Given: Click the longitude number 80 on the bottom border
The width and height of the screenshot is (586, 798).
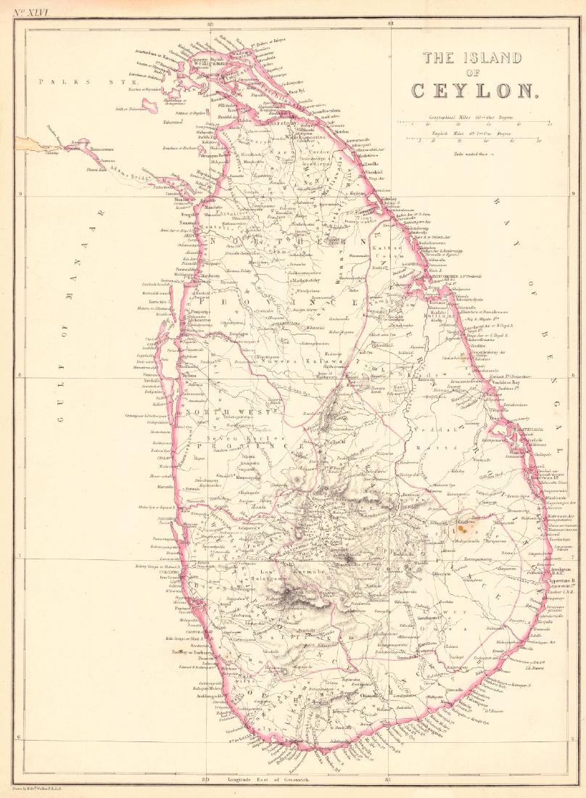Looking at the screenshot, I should pyautogui.click(x=206, y=779).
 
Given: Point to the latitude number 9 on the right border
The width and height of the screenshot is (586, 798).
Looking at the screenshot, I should pyautogui.click(x=573, y=194).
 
